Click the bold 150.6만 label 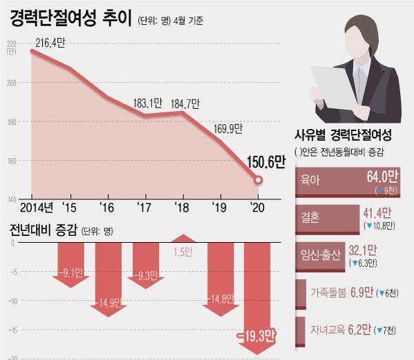266,161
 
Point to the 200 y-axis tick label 11,83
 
